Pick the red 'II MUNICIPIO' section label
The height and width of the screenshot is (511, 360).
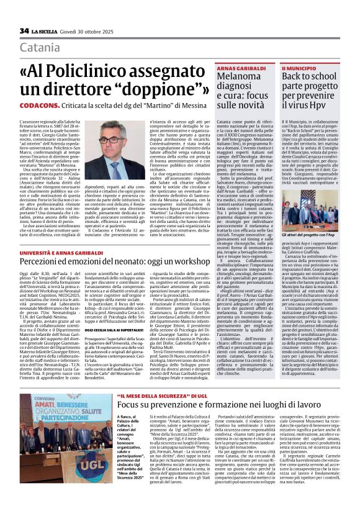click(299, 66)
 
